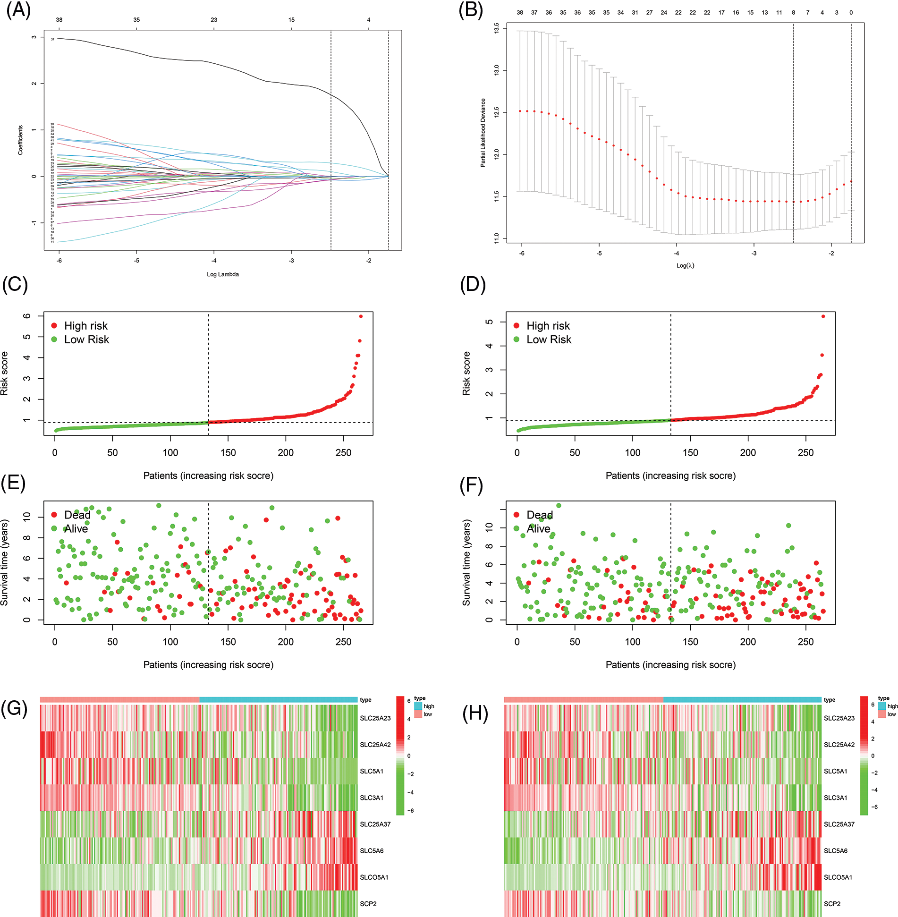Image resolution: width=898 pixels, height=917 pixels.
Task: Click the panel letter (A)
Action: tap(18, 10)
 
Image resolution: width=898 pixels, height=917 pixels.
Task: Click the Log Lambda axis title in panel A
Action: tap(222, 274)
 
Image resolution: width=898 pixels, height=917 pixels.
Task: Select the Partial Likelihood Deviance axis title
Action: tap(483, 133)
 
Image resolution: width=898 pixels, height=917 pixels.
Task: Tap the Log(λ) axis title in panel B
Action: tap(685, 265)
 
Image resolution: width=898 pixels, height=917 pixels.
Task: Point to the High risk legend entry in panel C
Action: tap(85, 326)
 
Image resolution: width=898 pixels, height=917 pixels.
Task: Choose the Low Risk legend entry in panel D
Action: tap(549, 340)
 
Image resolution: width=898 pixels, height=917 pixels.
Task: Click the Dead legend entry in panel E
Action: tap(77, 515)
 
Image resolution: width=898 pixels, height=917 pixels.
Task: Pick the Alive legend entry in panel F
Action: tap(538, 529)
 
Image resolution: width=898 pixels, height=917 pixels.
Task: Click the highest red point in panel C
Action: tap(361, 316)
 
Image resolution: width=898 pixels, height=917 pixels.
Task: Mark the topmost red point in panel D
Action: tap(823, 316)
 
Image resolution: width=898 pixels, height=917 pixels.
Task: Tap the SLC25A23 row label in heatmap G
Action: tap(375, 718)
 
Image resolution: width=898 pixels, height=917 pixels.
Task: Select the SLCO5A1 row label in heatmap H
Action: tap(838, 877)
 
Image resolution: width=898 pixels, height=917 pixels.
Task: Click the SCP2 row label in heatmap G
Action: tap(368, 904)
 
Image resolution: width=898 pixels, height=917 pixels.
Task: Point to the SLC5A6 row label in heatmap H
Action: tap(835, 851)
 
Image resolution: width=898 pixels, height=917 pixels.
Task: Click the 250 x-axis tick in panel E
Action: tap(343, 642)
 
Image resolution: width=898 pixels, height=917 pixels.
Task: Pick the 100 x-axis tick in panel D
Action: tap(633, 452)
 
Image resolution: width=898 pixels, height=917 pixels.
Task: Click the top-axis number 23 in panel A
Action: tap(214, 20)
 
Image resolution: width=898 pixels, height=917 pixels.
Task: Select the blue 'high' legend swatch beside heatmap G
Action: tap(418, 706)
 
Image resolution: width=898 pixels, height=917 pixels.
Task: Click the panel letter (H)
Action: tap(475, 713)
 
